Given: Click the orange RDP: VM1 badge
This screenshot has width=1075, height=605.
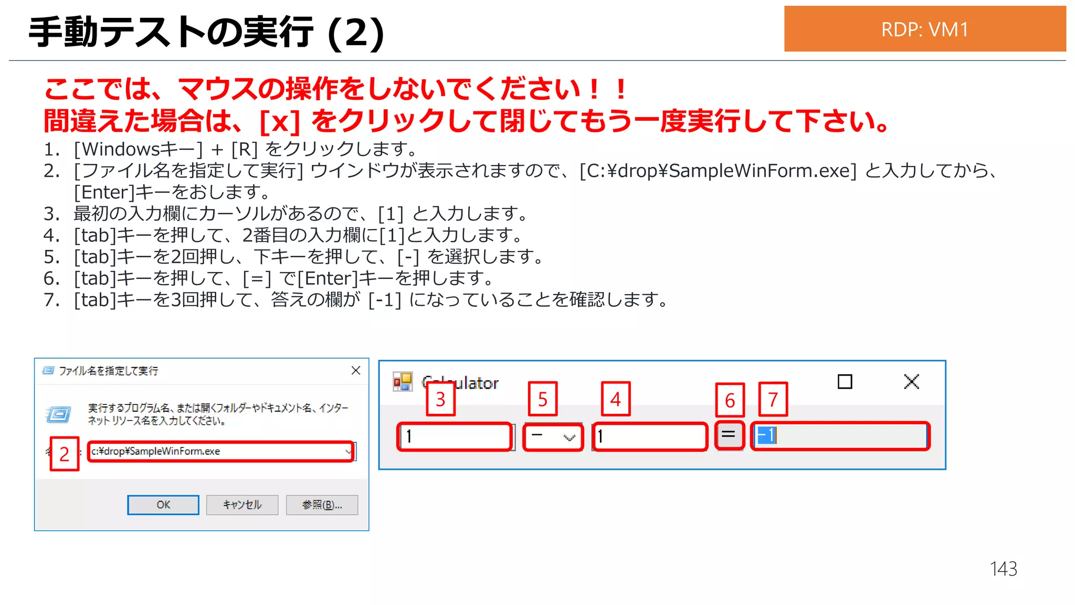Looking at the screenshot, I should (924, 29).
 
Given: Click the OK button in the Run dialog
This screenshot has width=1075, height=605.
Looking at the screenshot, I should (163, 505).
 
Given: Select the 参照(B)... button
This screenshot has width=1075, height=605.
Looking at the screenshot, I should (322, 505).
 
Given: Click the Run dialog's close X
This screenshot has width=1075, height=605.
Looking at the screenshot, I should (356, 371).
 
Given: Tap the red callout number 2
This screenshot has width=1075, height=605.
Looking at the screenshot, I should (64, 454).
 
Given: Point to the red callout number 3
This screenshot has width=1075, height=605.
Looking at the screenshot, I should (440, 399).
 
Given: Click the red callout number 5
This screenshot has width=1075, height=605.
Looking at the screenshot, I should (543, 399).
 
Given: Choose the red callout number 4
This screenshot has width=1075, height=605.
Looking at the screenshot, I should (615, 399).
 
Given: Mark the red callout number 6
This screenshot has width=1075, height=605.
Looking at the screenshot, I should (730, 400).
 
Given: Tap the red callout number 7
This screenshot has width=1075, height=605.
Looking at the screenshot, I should (773, 400).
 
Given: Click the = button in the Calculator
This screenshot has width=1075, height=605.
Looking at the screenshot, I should (729, 435).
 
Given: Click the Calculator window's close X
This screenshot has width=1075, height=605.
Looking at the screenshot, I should (912, 382).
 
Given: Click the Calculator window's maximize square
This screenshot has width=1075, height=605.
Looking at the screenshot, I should (845, 382).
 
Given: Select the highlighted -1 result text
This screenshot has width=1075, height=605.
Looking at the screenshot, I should (766, 435).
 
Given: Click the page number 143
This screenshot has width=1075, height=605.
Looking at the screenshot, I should (1003, 569).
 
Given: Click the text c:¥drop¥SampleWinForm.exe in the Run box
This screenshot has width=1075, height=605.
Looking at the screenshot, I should (156, 451).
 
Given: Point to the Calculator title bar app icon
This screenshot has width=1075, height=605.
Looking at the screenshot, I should (403, 382).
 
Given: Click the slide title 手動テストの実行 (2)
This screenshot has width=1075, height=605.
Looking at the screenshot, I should (206, 32).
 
